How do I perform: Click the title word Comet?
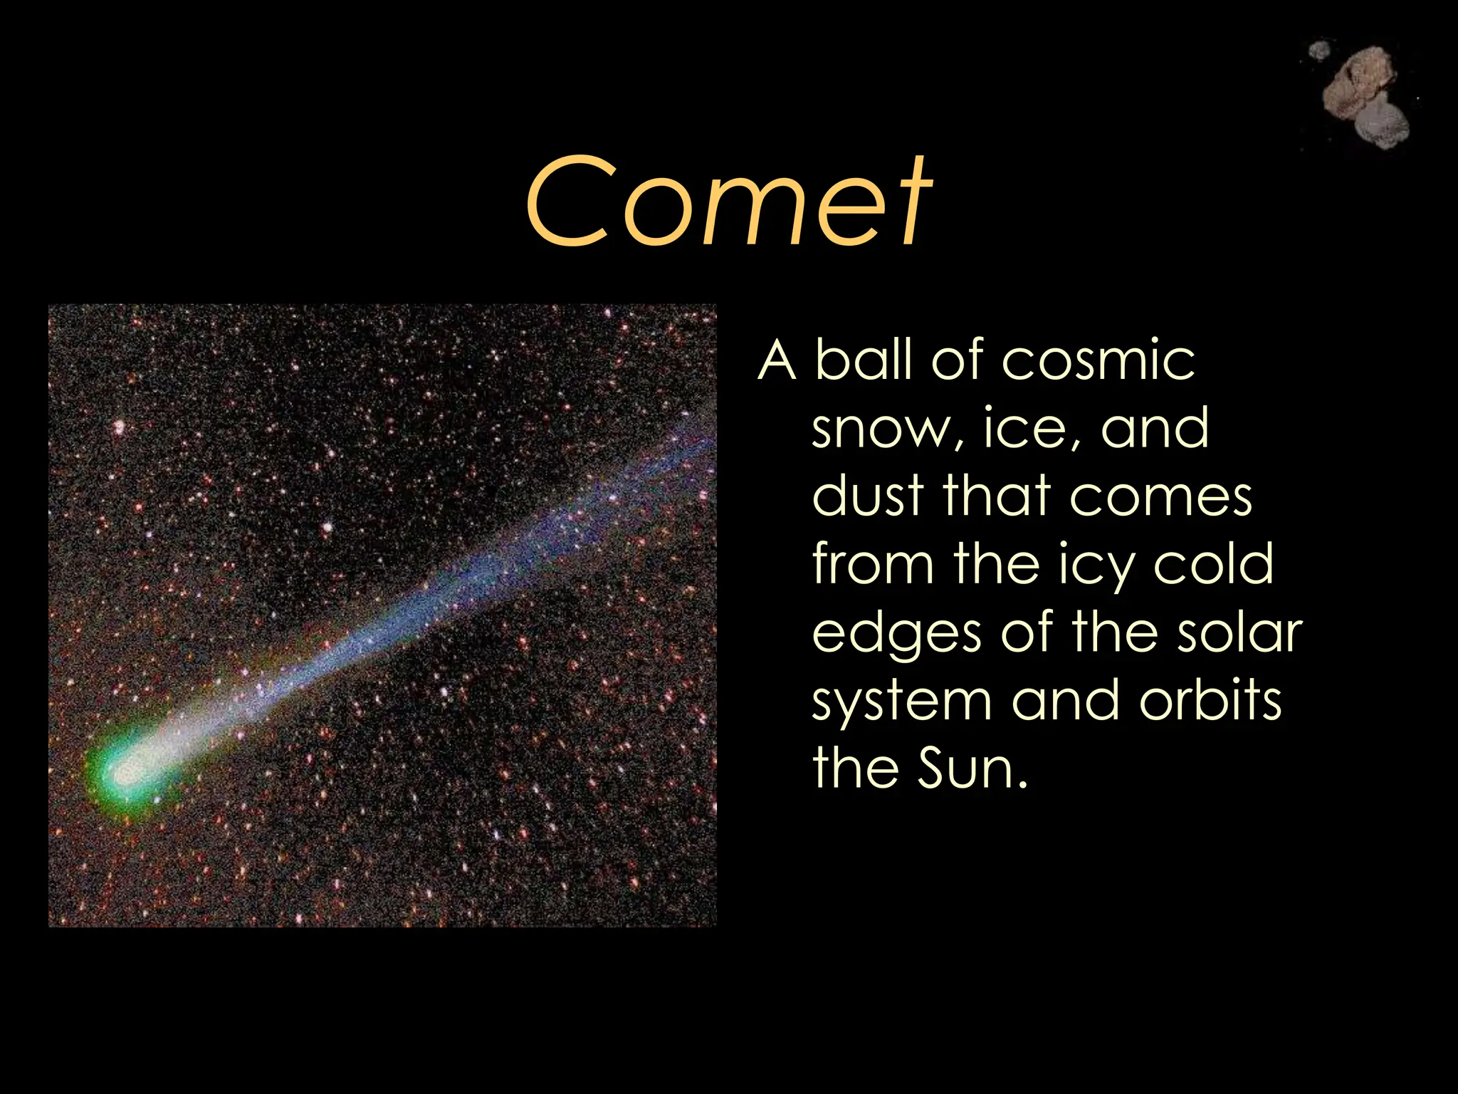pos(728,203)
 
